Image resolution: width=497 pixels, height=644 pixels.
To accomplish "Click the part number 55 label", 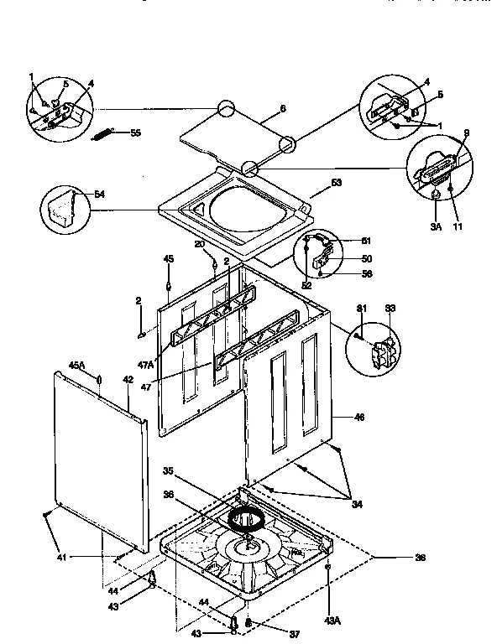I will (x=135, y=133).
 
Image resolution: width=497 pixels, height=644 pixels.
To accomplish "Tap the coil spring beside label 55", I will (x=104, y=132).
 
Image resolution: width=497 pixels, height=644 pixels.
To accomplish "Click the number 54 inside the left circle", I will (x=100, y=195).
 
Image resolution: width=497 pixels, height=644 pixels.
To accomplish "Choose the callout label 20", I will (x=200, y=244).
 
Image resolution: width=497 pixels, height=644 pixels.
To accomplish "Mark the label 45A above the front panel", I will (x=76, y=366).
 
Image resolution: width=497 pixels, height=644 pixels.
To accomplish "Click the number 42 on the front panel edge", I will (x=128, y=380).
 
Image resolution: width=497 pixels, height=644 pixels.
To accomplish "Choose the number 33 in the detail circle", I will (x=390, y=309).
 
